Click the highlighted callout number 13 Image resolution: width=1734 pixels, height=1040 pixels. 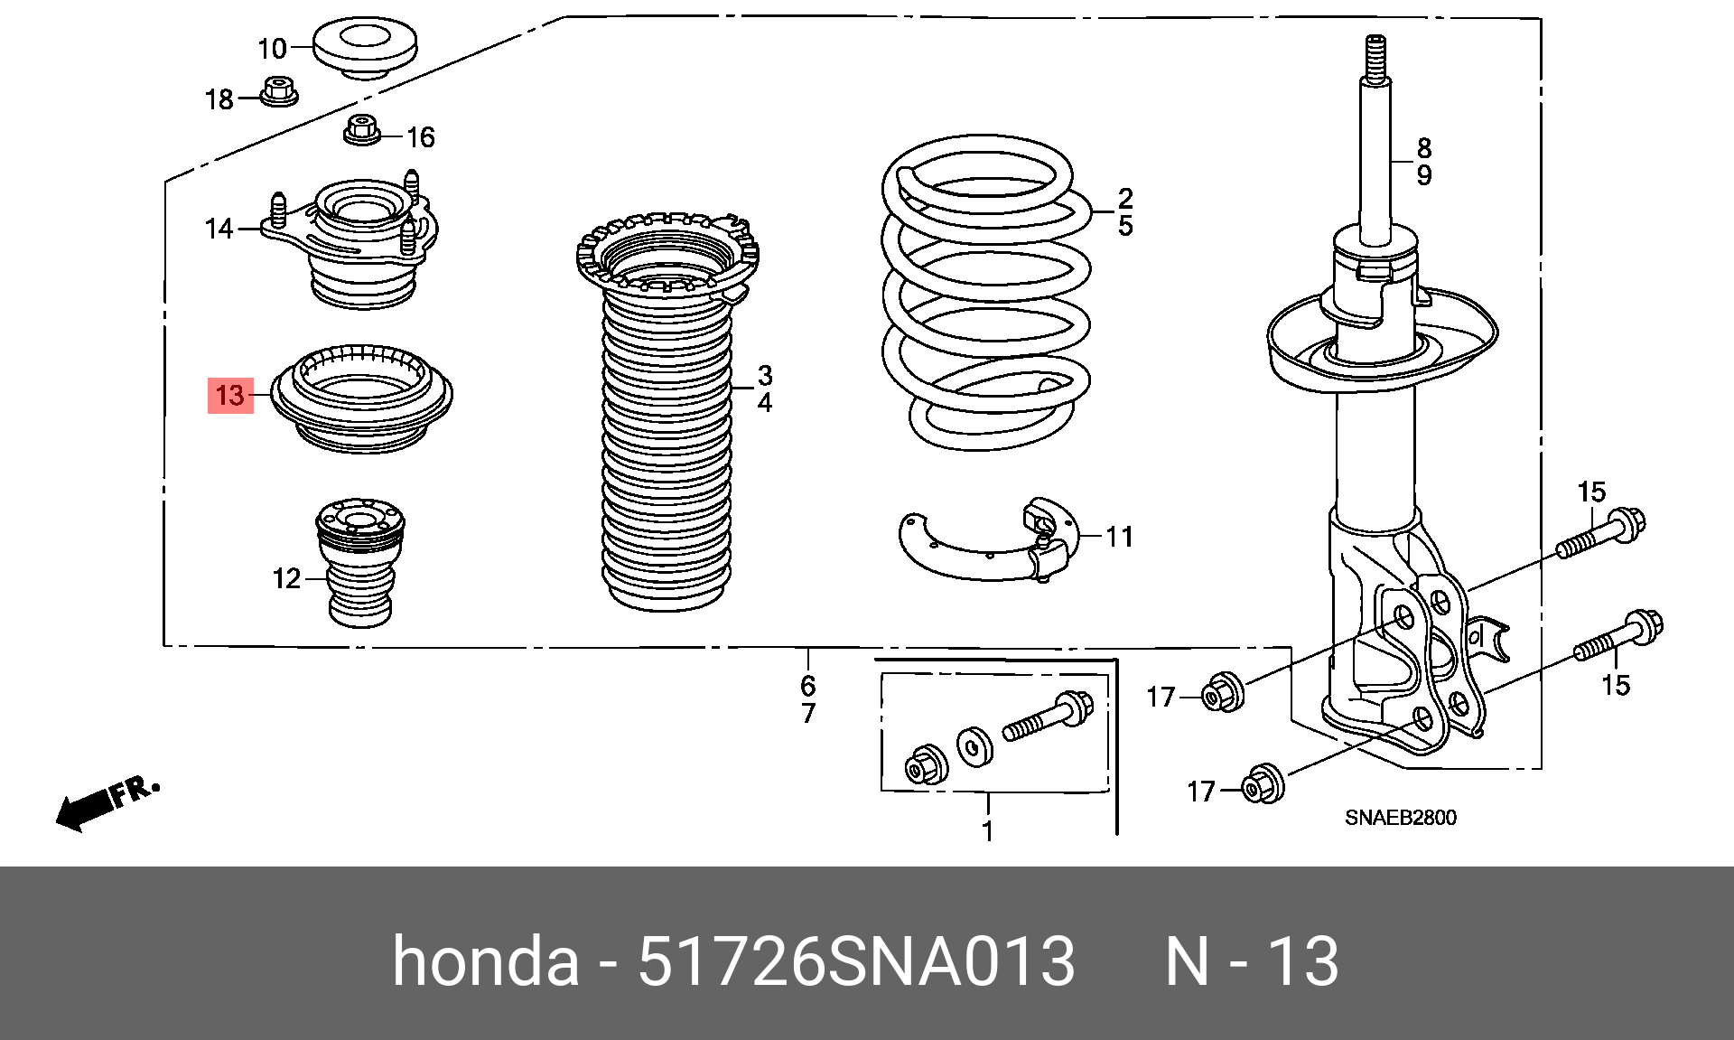(230, 396)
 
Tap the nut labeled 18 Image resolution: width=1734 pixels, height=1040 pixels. (278, 91)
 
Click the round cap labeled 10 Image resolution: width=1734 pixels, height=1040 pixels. (366, 50)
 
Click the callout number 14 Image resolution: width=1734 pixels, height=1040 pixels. (219, 230)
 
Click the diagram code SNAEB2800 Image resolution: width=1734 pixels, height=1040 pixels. (1400, 818)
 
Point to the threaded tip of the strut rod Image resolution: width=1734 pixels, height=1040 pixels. (1374, 55)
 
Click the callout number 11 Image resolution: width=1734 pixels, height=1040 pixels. (1120, 537)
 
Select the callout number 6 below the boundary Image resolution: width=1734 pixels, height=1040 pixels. (807, 685)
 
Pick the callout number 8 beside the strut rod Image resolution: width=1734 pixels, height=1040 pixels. (1424, 147)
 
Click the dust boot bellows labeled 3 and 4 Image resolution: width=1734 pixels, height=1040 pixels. (667, 452)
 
